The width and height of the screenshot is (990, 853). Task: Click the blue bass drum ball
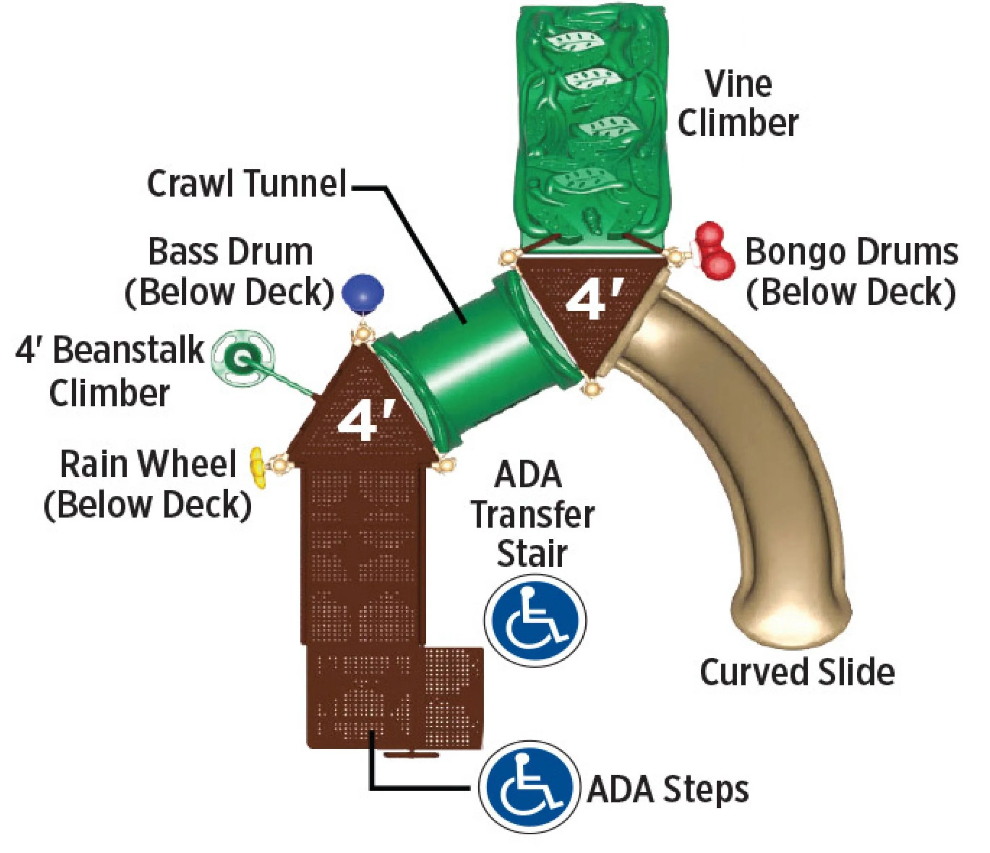click(x=363, y=293)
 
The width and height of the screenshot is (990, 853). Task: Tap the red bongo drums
click(x=714, y=250)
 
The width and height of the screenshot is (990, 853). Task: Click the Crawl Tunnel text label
click(x=247, y=183)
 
